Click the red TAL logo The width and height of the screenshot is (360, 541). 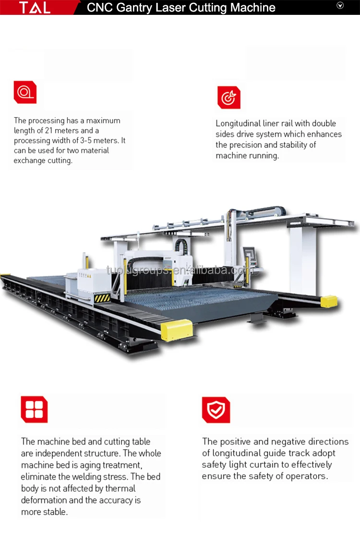35,7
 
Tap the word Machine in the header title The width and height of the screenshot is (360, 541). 251,8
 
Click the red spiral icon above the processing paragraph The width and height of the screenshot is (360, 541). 25,92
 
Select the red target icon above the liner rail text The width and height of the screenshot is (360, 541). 228,97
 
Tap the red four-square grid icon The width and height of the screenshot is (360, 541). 34,409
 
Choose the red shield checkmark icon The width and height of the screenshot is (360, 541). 216,410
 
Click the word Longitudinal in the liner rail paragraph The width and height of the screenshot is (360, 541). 238,124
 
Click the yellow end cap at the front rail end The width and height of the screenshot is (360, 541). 176,329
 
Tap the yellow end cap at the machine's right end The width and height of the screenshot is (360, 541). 329,301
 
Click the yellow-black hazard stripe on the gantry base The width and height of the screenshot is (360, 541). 102,298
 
